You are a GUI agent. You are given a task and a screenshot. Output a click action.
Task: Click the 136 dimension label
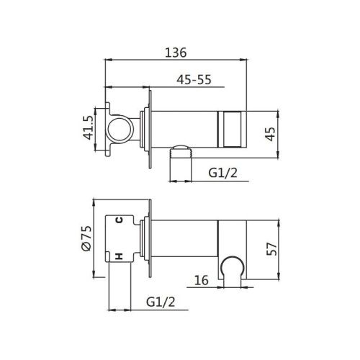(x=176, y=53)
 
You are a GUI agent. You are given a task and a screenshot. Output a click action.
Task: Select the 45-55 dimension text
(x=194, y=79)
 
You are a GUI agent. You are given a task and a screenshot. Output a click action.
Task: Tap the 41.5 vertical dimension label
(x=88, y=127)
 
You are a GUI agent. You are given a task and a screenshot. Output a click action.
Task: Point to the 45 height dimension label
(x=270, y=134)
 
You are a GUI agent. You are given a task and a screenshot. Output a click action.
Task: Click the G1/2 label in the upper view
(x=222, y=173)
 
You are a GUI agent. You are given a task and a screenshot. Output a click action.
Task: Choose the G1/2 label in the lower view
(x=161, y=302)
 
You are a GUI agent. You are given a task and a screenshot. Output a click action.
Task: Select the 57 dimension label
(x=271, y=249)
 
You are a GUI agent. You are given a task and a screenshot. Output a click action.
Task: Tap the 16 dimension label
(x=201, y=280)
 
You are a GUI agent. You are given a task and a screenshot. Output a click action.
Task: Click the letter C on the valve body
(x=120, y=220)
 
